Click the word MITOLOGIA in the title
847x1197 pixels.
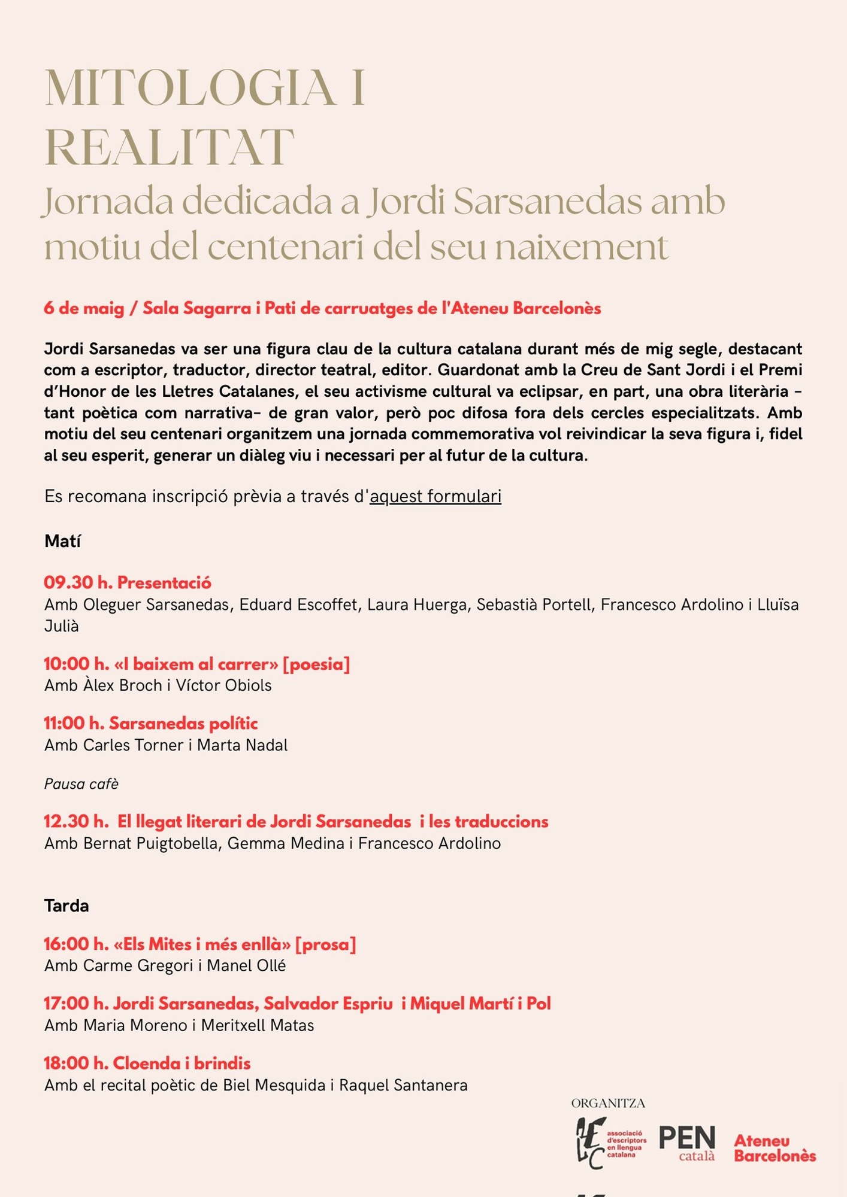click(190, 89)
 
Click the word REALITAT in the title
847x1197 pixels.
click(170, 147)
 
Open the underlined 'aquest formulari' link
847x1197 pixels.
click(435, 497)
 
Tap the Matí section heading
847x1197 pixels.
click(62, 542)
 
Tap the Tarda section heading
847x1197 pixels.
click(66, 906)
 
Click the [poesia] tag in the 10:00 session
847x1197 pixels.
click(316, 664)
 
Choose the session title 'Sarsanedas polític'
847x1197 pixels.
click(183, 724)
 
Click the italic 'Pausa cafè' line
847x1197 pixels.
click(81, 784)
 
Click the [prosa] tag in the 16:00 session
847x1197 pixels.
click(326, 944)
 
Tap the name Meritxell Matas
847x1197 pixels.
click(258, 1026)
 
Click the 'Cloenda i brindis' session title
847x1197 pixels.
click(181, 1064)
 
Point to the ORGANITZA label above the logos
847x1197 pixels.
click(608, 1104)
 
